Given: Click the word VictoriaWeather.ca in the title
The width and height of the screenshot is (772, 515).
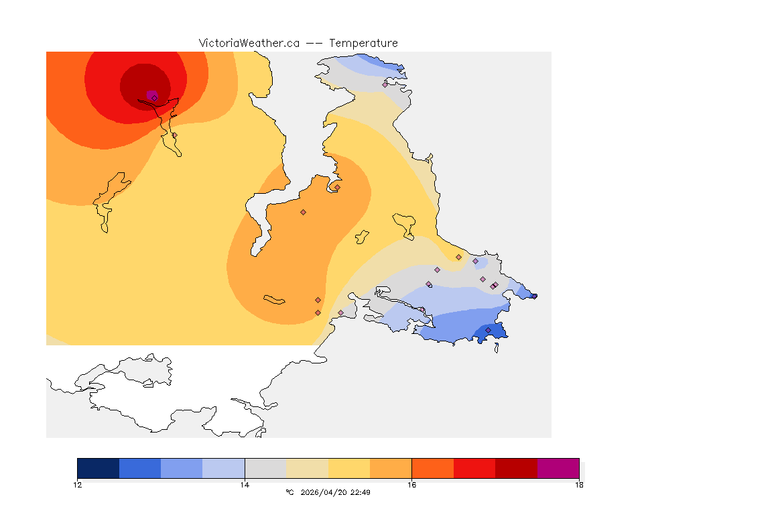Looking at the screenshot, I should pyautogui.click(x=249, y=43).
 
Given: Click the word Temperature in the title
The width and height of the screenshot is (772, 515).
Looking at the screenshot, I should pyautogui.click(x=363, y=43).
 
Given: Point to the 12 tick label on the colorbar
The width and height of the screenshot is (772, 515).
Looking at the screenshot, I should pyautogui.click(x=77, y=485).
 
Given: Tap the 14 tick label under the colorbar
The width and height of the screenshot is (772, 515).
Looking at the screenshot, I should pyautogui.click(x=245, y=485).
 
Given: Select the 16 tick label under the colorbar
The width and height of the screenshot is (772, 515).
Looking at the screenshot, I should pyautogui.click(x=411, y=485).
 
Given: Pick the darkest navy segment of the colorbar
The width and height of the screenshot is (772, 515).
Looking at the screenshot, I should pyautogui.click(x=98, y=468).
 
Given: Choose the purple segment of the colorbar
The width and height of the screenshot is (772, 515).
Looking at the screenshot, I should pyautogui.click(x=558, y=468).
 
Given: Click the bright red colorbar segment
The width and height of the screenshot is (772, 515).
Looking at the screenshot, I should pyautogui.click(x=474, y=468).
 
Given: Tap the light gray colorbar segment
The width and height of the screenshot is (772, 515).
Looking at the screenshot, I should pyautogui.click(x=265, y=468).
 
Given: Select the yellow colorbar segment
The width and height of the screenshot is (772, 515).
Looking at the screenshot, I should pyautogui.click(x=349, y=468).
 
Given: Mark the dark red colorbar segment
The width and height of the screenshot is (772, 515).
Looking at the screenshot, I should pyautogui.click(x=516, y=468).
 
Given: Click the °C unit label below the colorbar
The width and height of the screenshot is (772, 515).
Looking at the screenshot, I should pyautogui.click(x=289, y=492).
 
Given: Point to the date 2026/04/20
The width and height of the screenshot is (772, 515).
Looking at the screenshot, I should pyautogui.click(x=326, y=492).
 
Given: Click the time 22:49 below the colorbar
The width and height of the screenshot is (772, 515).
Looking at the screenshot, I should pyautogui.click(x=361, y=492).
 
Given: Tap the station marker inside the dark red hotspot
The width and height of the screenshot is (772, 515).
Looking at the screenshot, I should pyautogui.click(x=154, y=98).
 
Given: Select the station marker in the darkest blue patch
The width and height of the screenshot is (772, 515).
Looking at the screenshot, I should pyautogui.click(x=488, y=330).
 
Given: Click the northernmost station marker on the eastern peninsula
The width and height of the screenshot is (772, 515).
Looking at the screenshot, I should pyautogui.click(x=385, y=84).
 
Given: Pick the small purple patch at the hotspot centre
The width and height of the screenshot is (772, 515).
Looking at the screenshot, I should pyautogui.click(x=151, y=95).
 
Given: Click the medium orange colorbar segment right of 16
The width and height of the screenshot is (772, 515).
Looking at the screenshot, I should pyautogui.click(x=432, y=468).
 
